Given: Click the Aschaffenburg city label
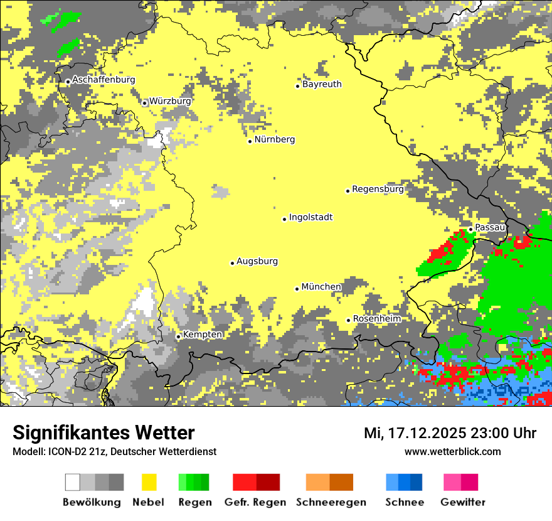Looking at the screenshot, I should pos(103,80).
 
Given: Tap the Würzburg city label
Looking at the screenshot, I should pos(170,100).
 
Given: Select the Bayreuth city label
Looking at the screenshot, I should pos(322,84).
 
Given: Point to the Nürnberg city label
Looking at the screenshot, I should pos(275,139).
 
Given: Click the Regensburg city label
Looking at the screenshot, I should pos(378,189).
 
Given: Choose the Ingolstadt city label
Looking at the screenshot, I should pos(310,217).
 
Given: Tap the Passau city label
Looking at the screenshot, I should pos(490,227).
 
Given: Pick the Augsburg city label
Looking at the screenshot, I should pos(257,261).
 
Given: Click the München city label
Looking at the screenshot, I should pos(321,287).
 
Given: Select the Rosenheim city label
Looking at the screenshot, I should pos(376,319).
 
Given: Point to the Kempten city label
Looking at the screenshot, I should pos(202,335).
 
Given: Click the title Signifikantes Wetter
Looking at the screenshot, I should pos(103,432).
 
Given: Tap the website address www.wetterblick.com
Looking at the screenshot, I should pos(453,451).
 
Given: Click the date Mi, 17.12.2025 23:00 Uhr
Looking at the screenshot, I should pos(450,433).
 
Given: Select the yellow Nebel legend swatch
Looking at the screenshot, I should pos(148,482).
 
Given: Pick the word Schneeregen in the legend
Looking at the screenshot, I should pos(331,502).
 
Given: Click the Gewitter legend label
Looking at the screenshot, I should pos(463,502).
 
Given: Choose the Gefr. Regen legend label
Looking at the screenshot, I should pos(255,502).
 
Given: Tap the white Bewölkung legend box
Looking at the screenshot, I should pos(73,482).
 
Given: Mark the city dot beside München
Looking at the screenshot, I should pos(297,289).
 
